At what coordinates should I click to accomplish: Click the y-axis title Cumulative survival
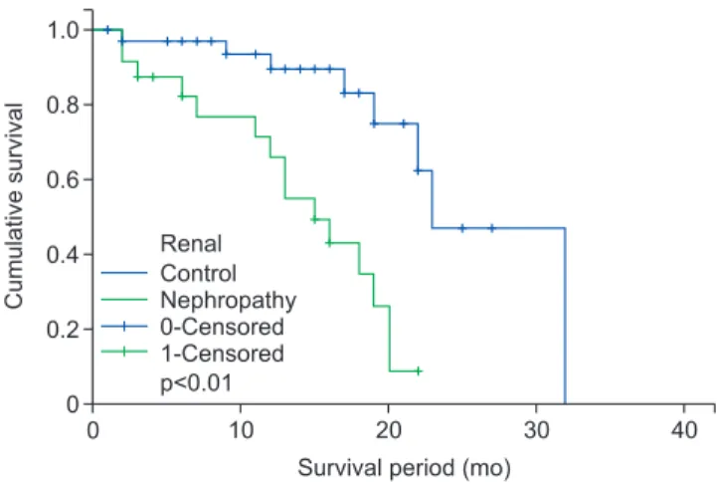(14, 205)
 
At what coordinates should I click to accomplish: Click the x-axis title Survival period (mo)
(404, 468)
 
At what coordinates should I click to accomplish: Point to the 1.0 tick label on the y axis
(64, 30)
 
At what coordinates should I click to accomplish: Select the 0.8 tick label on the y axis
(64, 105)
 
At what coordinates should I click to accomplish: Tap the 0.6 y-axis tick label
(64, 179)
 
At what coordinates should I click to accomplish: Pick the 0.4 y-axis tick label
(64, 254)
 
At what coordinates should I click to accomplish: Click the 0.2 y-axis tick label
(64, 329)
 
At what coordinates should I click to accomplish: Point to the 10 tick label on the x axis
(241, 430)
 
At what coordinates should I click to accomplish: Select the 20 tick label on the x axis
(388, 430)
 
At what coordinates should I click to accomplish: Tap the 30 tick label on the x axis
(536, 430)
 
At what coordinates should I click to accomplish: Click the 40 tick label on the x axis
(684, 430)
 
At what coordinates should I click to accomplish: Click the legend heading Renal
(191, 244)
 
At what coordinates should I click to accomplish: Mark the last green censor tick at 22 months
(418, 370)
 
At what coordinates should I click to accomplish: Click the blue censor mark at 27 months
(492, 228)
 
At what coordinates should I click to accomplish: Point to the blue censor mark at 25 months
(462, 228)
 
